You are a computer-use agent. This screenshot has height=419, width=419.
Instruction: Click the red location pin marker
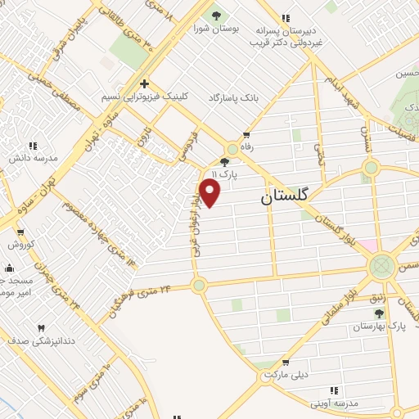[209, 192]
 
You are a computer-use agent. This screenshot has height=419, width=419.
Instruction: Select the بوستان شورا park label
[217, 28]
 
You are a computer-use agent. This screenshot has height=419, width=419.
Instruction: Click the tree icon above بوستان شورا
[216, 15]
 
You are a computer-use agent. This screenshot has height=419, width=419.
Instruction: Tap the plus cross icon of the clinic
[144, 83]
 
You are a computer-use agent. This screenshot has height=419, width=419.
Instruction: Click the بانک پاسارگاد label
[231, 97]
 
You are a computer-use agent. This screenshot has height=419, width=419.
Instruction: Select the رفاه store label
[246, 146]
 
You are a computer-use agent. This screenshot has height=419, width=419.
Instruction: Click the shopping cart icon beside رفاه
[246, 134]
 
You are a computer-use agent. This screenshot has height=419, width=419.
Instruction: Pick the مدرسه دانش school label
[33, 158]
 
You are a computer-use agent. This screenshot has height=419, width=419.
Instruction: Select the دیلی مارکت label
[285, 375]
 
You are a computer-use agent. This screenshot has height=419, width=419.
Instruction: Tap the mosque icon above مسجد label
[8, 267]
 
